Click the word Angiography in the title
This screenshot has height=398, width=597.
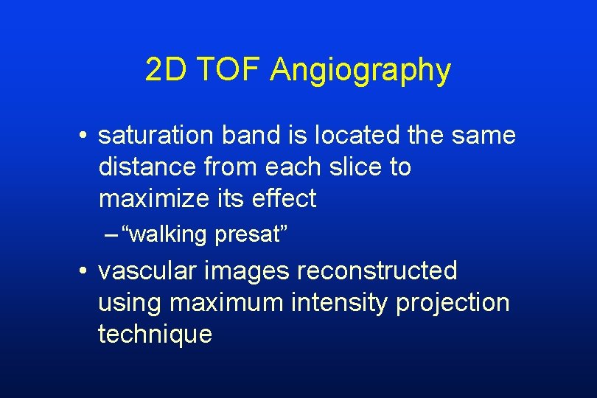click(360, 71)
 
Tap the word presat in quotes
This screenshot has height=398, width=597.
click(246, 235)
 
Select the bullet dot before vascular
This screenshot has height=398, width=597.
click(85, 272)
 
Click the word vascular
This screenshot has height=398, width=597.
click(147, 270)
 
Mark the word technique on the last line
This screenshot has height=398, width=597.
click(155, 334)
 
